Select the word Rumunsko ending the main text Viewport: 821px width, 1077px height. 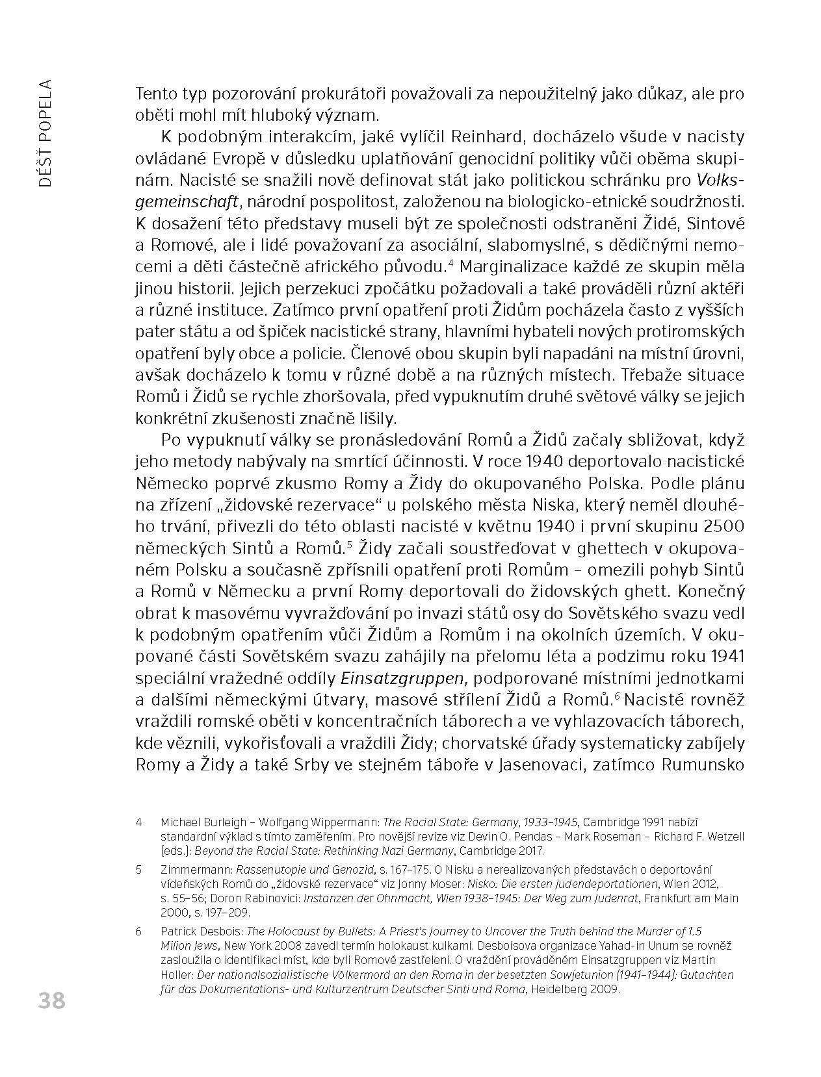pos(702,764)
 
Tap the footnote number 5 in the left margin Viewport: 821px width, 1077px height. pos(139,870)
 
